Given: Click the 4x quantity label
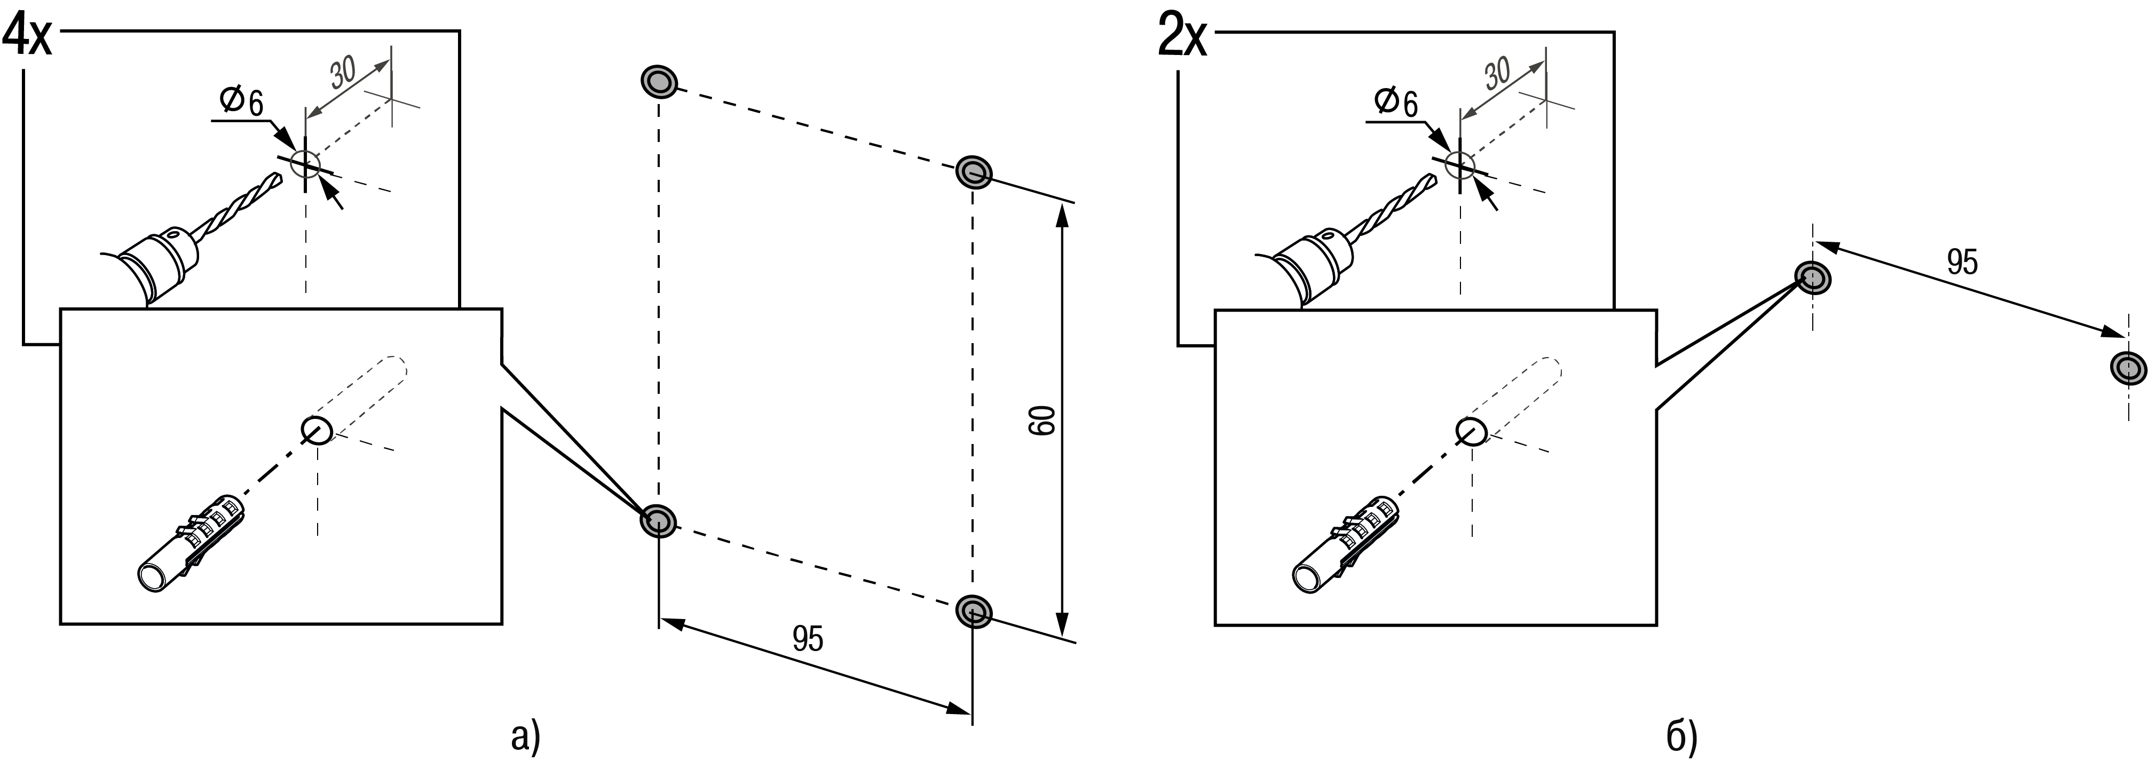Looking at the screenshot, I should pos(28,37).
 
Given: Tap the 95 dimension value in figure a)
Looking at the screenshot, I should pos(807,639).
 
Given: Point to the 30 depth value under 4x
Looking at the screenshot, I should pos(344,73).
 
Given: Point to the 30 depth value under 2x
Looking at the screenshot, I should pos(1498,73).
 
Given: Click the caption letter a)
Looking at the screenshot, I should pos(525,737).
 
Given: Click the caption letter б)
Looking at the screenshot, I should pos(1682,737).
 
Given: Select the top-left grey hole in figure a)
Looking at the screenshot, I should pos(659,82).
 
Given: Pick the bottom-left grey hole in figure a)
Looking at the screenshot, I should pos(659,521).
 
